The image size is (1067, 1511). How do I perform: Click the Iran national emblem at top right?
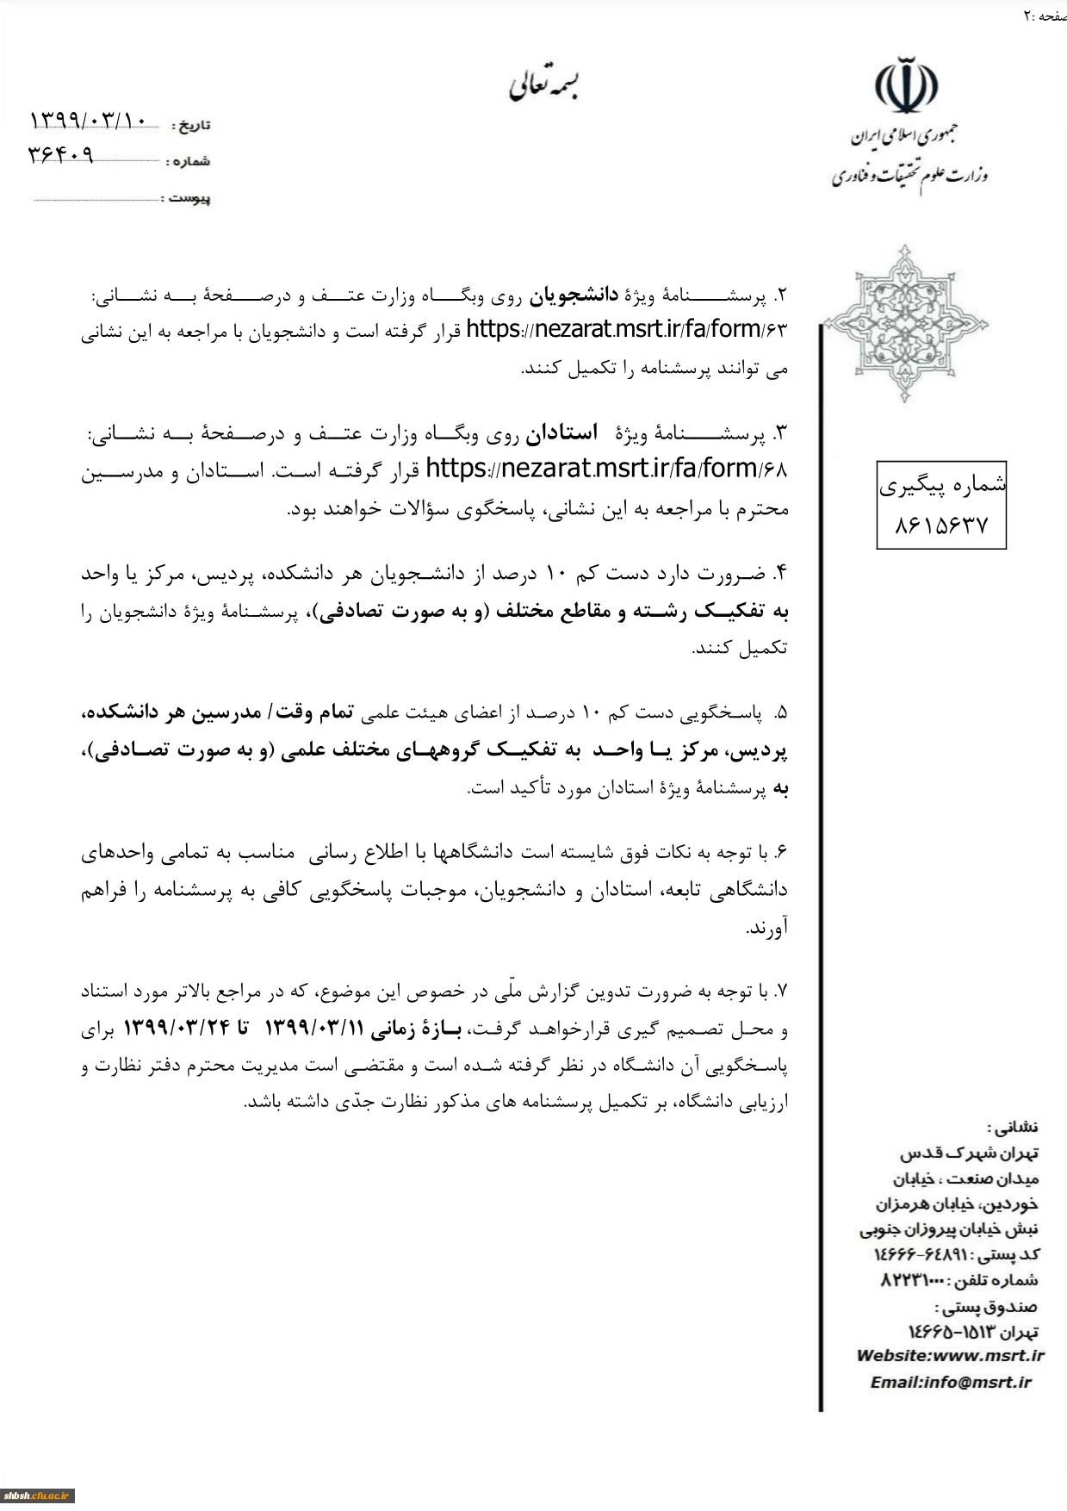pyautogui.click(x=906, y=86)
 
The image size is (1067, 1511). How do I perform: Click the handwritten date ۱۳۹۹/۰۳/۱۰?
pyautogui.click(x=89, y=121)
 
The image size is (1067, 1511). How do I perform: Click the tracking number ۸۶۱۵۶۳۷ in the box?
pyautogui.click(x=940, y=525)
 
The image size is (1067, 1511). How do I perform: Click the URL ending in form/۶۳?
pyautogui.click(x=626, y=330)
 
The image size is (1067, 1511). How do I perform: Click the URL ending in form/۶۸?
pyautogui.click(x=606, y=469)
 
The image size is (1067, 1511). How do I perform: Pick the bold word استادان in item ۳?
pyautogui.click(x=562, y=433)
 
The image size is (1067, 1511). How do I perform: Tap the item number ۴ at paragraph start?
pyautogui.click(x=780, y=573)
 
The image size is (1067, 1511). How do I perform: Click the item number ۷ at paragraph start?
pyautogui.click(x=781, y=992)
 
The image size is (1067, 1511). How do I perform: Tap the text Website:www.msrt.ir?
pyautogui.click(x=950, y=1355)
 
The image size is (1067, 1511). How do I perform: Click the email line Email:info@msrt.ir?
pyautogui.click(x=950, y=1382)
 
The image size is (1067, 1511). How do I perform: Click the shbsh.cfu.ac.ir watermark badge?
pyautogui.click(x=37, y=1495)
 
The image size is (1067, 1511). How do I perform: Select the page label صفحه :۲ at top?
pyautogui.click(x=1045, y=16)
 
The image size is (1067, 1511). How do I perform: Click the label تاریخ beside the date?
pyautogui.click(x=191, y=126)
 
